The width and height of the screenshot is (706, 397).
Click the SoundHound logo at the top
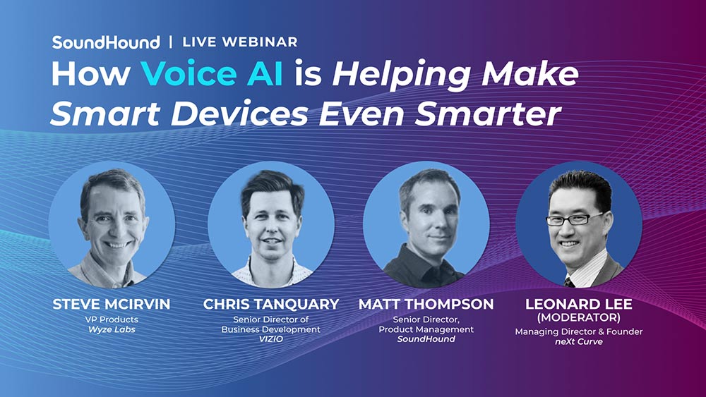(106, 42)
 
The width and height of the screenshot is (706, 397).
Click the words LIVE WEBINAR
(240, 42)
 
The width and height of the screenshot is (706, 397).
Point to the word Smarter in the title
(488, 114)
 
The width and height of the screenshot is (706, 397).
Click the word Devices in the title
(239, 114)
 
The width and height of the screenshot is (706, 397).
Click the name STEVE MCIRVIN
(112, 305)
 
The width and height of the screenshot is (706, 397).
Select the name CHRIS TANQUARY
(271, 305)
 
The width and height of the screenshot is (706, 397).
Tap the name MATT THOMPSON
(426, 305)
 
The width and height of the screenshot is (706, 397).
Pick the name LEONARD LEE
(579, 304)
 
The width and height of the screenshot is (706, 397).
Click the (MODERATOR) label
(579, 317)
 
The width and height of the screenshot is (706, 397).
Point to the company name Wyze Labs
(112, 329)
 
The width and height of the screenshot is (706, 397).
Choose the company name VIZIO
(271, 339)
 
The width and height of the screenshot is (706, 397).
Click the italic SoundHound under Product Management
(426, 339)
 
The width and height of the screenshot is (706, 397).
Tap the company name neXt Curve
(579, 342)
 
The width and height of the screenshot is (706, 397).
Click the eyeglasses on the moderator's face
(574, 219)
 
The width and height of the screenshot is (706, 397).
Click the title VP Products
(112, 319)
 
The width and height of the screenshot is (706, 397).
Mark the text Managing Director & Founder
(579, 332)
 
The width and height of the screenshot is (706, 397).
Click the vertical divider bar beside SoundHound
(171, 42)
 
